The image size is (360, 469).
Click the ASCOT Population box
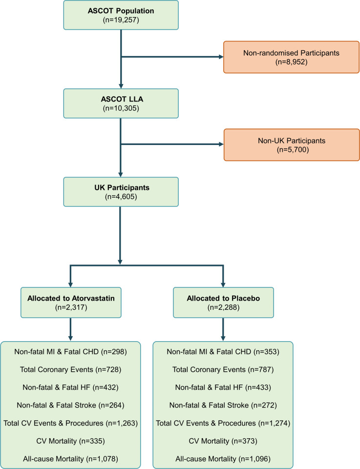coord(121,15)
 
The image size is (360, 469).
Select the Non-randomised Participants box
coord(291,57)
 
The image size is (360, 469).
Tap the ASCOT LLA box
coord(121,103)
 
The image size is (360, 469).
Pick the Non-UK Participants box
coord(292,145)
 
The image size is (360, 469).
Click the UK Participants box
coord(121,192)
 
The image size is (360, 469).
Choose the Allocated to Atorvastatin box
coord(71,303)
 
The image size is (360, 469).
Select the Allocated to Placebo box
coord(223,303)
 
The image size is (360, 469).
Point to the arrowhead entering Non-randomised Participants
coord(221,57)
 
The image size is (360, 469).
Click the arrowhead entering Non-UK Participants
coord(221,144)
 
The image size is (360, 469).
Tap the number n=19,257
coord(121,20)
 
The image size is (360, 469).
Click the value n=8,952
coord(292,62)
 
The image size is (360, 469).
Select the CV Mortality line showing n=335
coord(71,441)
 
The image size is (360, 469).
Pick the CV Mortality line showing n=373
coord(223,441)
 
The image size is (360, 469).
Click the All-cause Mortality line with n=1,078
coord(71,459)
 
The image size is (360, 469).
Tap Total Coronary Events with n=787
coord(223,369)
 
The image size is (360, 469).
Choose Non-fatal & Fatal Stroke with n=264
coord(71,405)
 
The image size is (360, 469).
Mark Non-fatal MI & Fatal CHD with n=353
coord(223,352)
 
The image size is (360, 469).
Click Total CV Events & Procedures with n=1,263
coord(71,423)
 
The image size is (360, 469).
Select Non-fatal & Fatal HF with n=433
coord(223,387)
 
